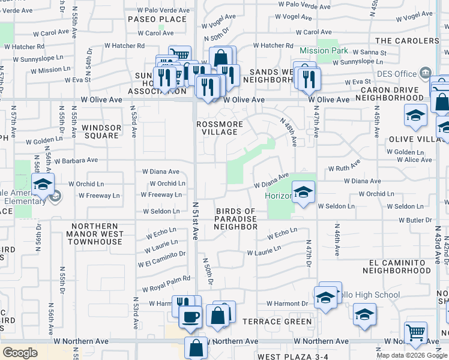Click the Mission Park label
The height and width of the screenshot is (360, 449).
(x=323, y=51)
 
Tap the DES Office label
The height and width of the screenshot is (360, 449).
(x=397, y=74)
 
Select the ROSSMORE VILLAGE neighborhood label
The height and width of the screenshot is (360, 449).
(x=220, y=128)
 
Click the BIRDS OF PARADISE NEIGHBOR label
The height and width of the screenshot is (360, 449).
(x=235, y=219)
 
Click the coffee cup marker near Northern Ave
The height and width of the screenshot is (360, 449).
(x=191, y=316)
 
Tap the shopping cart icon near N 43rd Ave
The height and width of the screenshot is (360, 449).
(x=415, y=332)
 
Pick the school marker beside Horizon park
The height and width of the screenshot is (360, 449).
(x=304, y=192)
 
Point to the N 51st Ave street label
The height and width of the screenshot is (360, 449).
(x=196, y=221)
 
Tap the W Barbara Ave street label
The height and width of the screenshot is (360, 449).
(x=75, y=160)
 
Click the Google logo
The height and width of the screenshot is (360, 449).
(x=20, y=353)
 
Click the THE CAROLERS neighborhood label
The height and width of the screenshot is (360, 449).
(x=407, y=41)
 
